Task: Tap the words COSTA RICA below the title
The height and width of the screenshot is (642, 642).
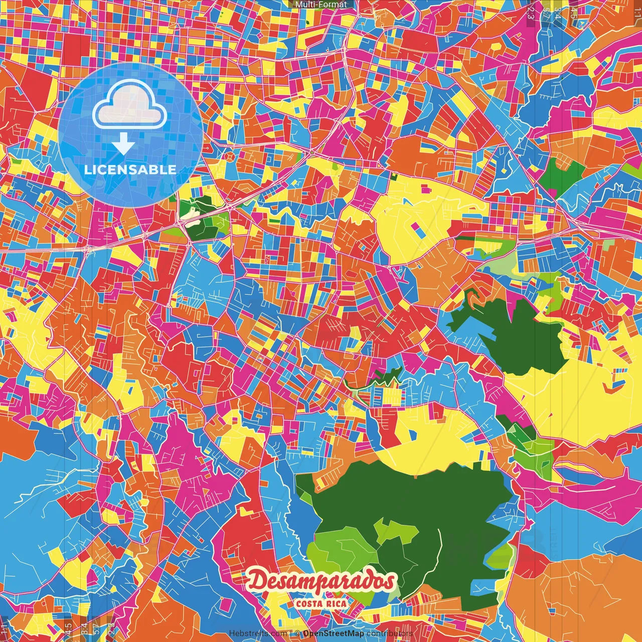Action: click(x=322, y=603)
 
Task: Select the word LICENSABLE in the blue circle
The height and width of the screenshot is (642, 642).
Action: click(x=130, y=170)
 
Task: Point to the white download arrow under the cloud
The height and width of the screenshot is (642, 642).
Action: click(x=123, y=144)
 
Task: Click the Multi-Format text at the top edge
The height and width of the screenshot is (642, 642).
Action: click(x=321, y=5)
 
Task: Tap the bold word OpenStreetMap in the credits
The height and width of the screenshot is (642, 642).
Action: click(x=334, y=633)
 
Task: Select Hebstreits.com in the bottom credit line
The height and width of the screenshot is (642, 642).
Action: click(x=258, y=633)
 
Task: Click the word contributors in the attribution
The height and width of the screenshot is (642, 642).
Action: click(x=390, y=633)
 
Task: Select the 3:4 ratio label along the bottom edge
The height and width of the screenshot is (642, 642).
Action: click(x=84, y=627)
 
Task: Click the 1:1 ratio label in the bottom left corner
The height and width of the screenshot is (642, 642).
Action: click(x=5, y=627)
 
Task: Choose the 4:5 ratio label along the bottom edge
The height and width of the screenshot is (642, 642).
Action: click(x=68, y=627)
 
